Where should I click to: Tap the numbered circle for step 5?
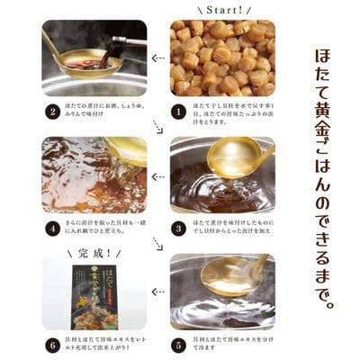179,344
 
